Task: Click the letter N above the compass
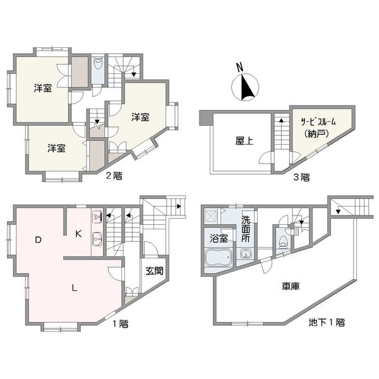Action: [x=239, y=68]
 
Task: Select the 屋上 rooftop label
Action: [x=244, y=141]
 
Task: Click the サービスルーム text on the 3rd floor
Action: [x=318, y=122]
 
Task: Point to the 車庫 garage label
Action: [x=291, y=286]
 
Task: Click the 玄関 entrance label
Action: [x=155, y=271]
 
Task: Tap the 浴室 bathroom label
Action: [x=219, y=238]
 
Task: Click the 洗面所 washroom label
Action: [x=246, y=229]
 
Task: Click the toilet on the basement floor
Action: [x=282, y=242]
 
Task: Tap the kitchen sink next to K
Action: [x=97, y=239]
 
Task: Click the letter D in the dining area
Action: [x=38, y=240]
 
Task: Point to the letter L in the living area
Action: [x=75, y=287]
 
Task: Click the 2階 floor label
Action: [x=114, y=176]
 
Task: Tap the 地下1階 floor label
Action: [x=327, y=322]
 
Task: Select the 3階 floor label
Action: [x=301, y=177]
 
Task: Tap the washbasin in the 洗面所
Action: [x=246, y=254]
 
